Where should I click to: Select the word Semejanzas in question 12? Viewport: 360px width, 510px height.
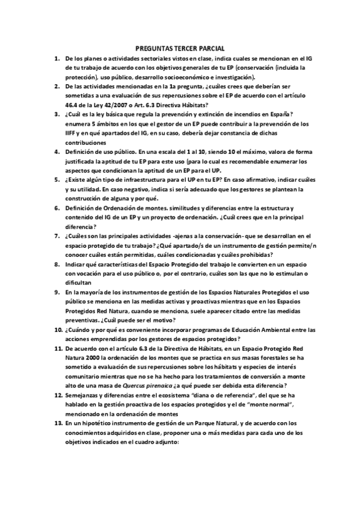coord(87,396)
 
